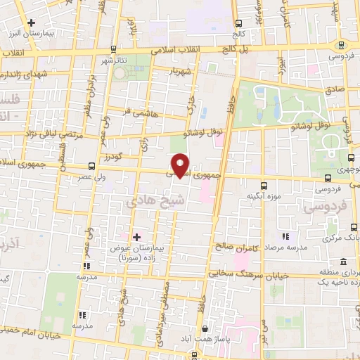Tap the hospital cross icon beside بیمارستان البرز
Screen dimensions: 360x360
pyautogui.click(x=31, y=22)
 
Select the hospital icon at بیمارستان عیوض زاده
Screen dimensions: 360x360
pyautogui.click(x=136, y=237)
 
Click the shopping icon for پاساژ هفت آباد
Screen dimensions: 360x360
pyautogui.click(x=205, y=329)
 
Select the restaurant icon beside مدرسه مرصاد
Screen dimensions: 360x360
pyautogui.click(x=285, y=238)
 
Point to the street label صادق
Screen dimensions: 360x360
pyautogui.click(x=333, y=90)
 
